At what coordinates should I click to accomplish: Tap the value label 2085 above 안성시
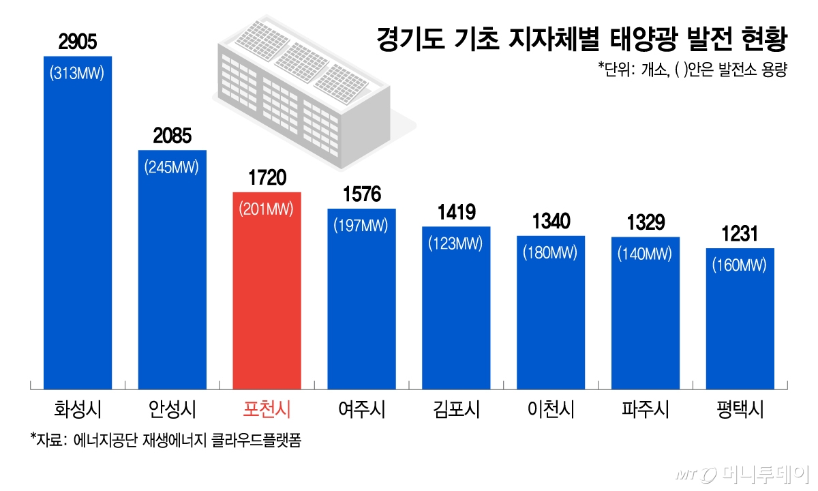(172, 137)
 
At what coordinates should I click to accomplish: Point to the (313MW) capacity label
(77, 73)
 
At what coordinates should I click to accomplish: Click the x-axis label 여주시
(361, 409)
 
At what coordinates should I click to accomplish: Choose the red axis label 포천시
(267, 409)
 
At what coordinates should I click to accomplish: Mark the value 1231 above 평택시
(740, 235)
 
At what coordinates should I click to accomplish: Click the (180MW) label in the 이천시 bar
(550, 252)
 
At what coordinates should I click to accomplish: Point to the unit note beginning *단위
(693, 71)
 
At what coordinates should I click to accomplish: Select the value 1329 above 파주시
(645, 223)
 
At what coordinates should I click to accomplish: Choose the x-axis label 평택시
(740, 409)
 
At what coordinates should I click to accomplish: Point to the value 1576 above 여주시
(361, 195)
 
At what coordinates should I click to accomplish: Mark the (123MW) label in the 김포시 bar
(456, 243)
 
